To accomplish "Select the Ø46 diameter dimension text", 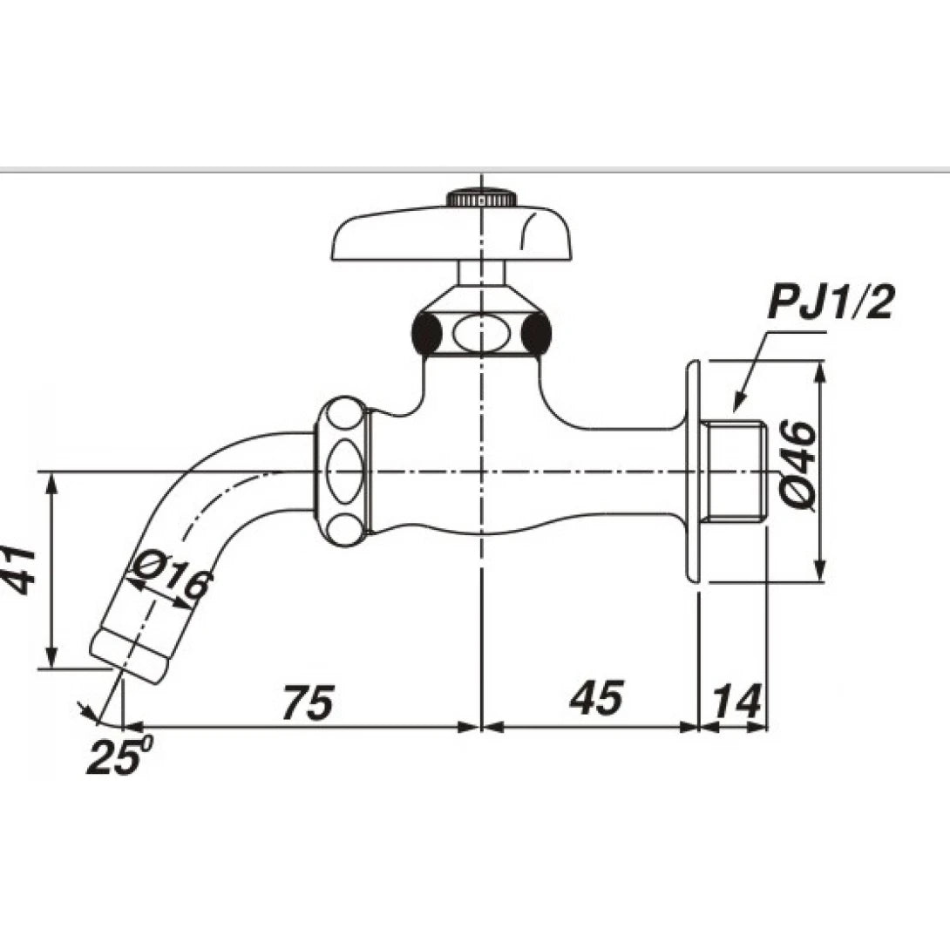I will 797,465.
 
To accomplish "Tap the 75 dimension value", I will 308,702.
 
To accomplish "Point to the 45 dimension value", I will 597,699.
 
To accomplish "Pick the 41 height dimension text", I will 19,570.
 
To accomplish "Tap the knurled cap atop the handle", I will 481,198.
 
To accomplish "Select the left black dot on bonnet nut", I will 427,332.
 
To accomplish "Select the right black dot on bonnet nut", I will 536,332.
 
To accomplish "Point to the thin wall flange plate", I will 692,471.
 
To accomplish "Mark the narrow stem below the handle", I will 481,273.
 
